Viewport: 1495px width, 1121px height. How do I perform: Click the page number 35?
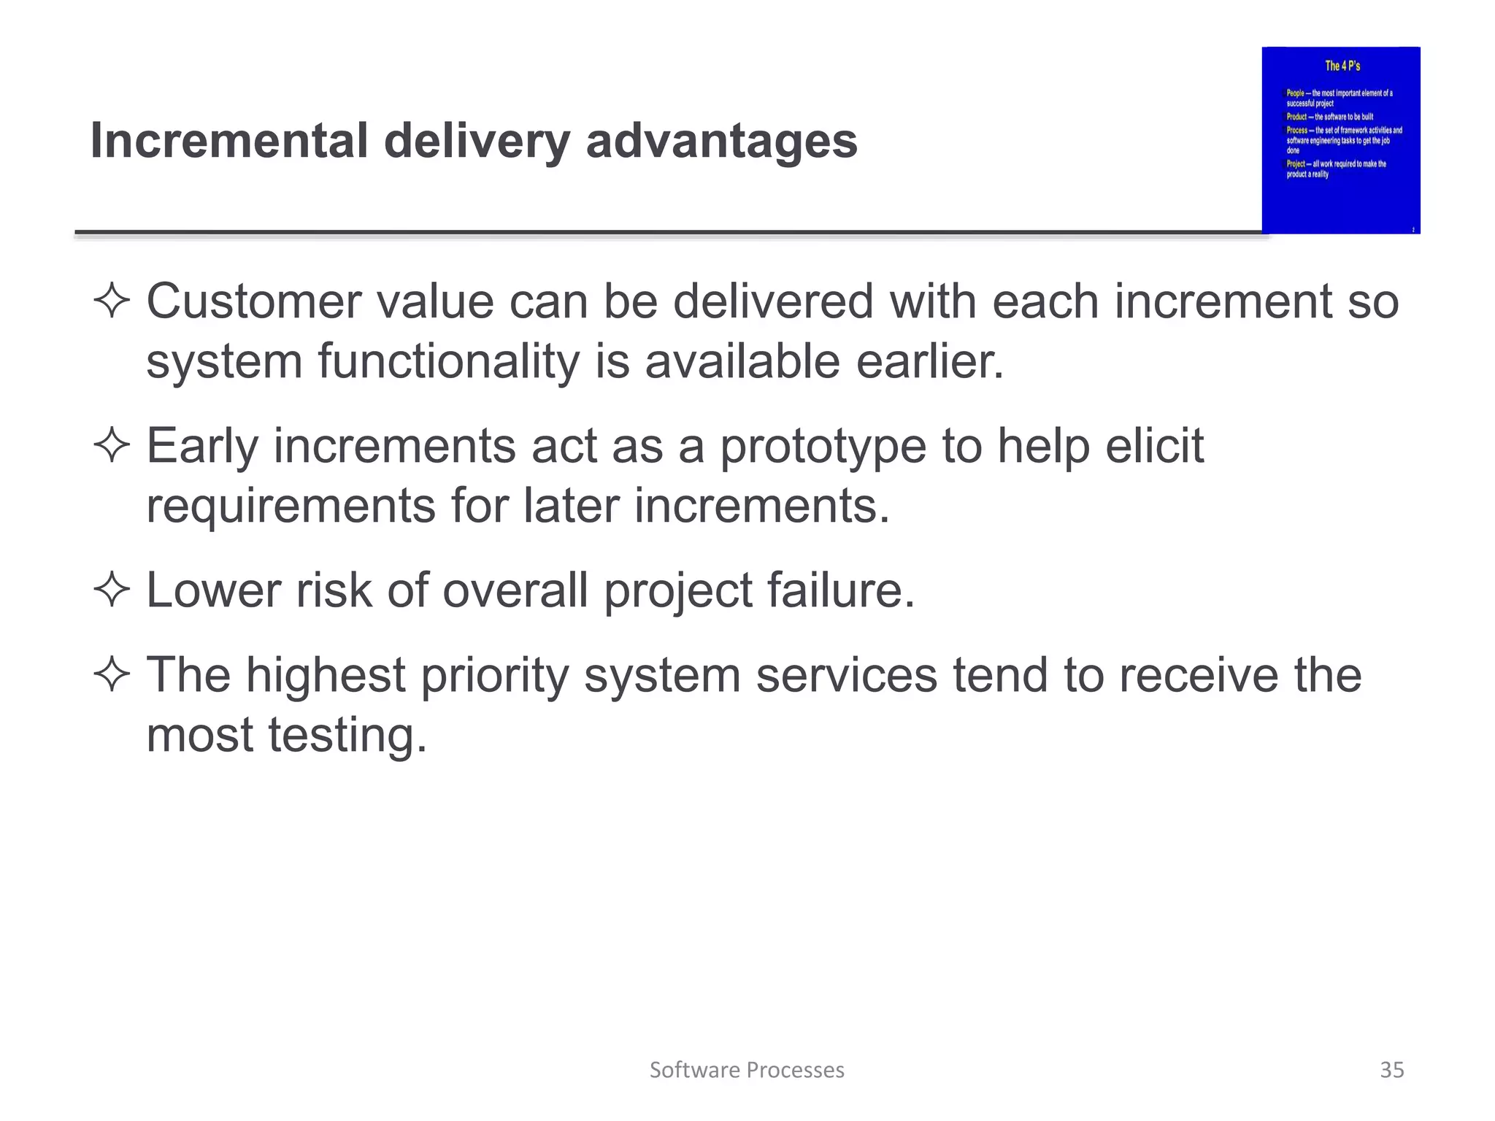coord(1391,1070)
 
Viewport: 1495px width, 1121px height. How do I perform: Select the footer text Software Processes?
coord(747,1070)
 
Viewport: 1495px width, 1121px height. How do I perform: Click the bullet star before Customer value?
coord(112,301)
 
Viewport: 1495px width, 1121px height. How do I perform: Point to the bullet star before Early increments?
coord(112,445)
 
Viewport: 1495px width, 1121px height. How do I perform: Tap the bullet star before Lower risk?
coord(112,590)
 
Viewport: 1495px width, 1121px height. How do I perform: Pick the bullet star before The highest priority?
coord(112,674)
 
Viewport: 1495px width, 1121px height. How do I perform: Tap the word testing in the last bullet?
coord(346,736)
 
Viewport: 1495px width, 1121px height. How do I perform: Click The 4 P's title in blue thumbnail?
coord(1342,66)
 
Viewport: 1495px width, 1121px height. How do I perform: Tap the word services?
coord(846,675)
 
